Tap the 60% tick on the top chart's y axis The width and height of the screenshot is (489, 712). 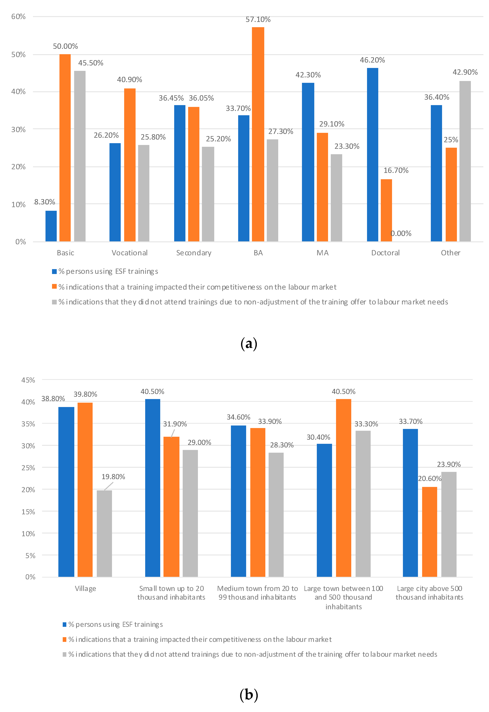pos(18,16)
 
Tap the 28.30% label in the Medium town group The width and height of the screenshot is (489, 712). pos(282,445)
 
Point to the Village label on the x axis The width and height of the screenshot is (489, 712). pos(86,589)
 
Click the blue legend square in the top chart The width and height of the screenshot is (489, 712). pos(54,271)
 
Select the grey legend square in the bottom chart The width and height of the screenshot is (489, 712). pos(64,654)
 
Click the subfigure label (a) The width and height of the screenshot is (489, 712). pos(248,344)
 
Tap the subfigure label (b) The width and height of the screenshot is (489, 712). pos(248,695)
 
